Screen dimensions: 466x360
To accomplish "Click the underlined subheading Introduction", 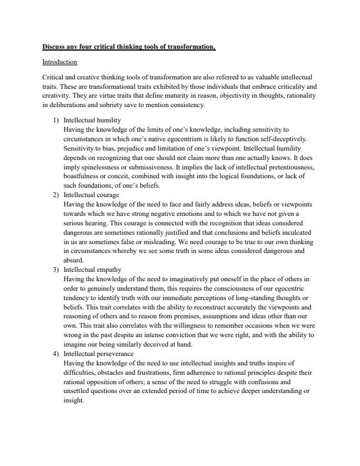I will click(x=59, y=61).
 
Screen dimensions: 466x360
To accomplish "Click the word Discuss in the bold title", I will click(x=55, y=46).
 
